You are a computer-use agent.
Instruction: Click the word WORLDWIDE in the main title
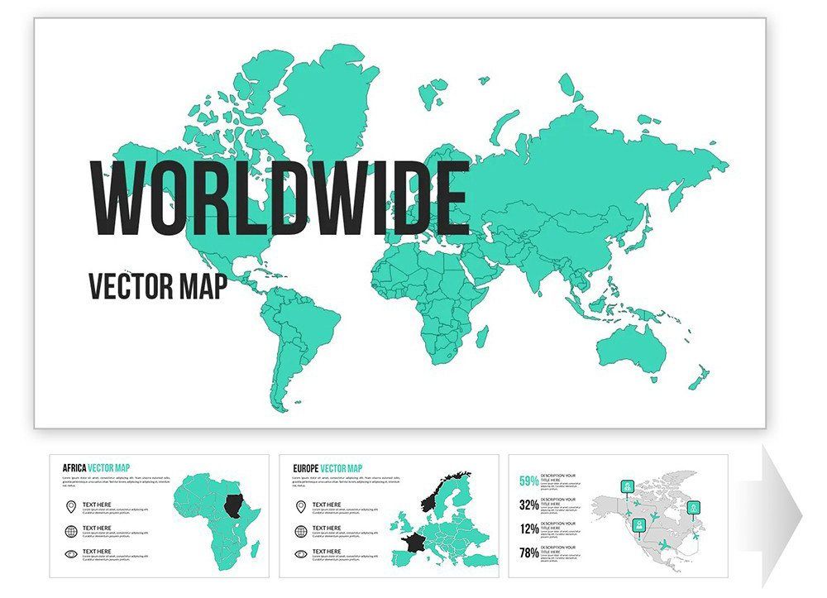coord(279,199)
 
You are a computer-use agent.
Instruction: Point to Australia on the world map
coord(633,347)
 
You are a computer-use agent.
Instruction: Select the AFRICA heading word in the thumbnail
coord(74,467)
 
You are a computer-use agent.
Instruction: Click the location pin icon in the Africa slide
coord(71,506)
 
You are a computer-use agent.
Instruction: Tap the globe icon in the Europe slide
coord(301,530)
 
